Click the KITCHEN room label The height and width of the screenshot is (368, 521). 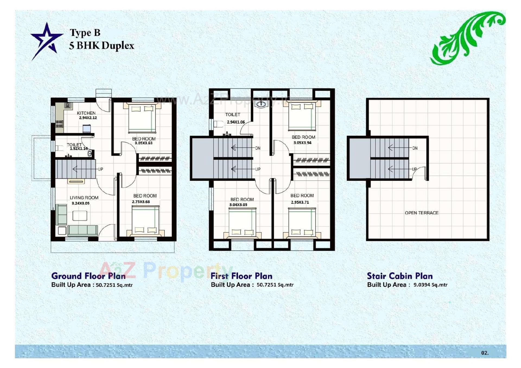point(86,113)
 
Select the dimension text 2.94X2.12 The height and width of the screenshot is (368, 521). point(88,118)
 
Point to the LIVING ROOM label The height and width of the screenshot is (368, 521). point(84,198)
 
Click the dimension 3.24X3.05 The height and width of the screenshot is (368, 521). point(80,203)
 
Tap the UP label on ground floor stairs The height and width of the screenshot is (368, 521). point(100,169)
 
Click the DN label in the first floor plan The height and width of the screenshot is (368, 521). point(258,148)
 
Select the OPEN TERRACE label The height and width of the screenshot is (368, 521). point(421,213)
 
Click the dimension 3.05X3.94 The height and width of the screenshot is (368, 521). point(303,143)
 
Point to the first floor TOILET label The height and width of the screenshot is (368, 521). point(233,115)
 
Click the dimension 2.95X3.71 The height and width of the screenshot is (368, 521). point(300,202)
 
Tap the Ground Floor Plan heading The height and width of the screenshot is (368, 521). point(88,276)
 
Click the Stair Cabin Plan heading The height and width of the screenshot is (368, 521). point(400,276)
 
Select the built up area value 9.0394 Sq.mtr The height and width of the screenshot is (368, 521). point(430,285)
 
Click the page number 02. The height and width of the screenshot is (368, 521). point(485,353)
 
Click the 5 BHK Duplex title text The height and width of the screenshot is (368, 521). point(101,46)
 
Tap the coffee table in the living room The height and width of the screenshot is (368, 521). point(80,216)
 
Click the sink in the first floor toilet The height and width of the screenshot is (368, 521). point(261,104)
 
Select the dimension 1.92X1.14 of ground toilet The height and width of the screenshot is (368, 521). point(79,149)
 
